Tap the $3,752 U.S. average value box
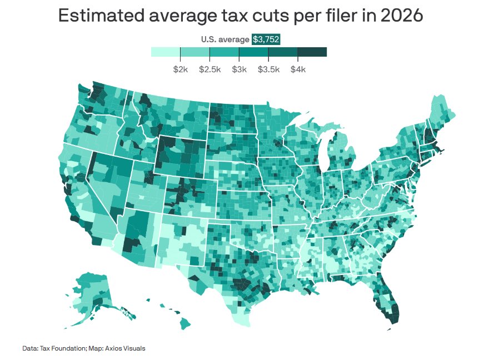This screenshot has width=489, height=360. (266, 39)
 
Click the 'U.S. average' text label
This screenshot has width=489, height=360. (225, 39)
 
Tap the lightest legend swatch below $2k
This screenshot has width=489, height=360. (166, 52)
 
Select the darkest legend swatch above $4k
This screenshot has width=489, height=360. (312, 52)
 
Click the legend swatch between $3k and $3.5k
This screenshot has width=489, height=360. (254, 52)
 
